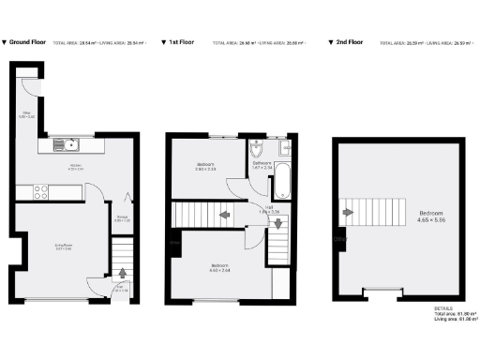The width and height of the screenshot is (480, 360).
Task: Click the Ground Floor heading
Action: coord(28,42)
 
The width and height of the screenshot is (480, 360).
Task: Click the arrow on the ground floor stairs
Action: coord(123,275)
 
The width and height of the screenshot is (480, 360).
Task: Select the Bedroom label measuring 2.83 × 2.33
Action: coord(205,167)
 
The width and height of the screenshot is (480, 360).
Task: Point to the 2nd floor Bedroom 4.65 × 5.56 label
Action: coord(431,215)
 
